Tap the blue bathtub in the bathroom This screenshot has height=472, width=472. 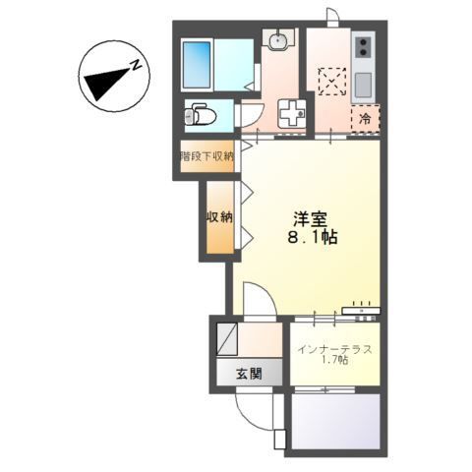click(x=201, y=61)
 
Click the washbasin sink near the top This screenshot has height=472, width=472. click(x=277, y=41)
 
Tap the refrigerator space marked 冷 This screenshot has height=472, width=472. click(x=364, y=118)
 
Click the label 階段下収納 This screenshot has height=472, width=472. click(x=206, y=156)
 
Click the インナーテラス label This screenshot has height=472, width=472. click(x=333, y=349)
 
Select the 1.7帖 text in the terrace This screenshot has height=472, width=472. click(x=335, y=363)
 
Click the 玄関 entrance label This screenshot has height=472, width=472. click(x=249, y=374)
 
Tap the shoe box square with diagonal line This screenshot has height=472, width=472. click(x=227, y=339)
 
